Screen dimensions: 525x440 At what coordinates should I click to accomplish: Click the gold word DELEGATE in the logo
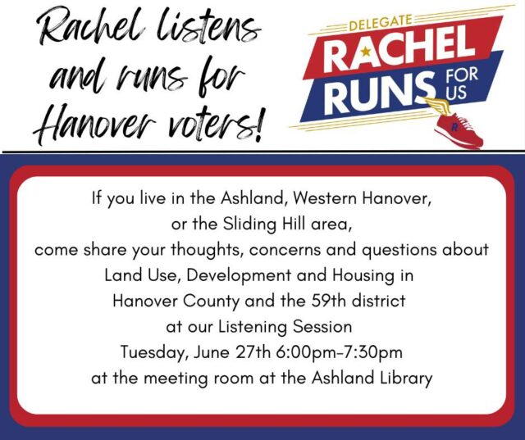(380, 22)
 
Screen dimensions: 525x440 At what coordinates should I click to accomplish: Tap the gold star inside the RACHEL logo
(366, 52)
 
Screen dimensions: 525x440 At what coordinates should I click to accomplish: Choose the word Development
(239, 276)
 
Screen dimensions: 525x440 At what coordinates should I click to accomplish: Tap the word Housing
(363, 276)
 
